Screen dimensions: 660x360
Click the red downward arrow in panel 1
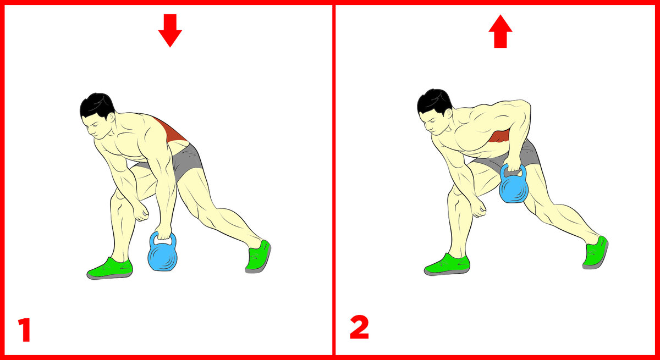[x=170, y=30]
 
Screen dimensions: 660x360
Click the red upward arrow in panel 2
[x=501, y=31]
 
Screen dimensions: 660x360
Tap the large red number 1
[x=25, y=330]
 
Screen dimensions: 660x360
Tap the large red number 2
[x=359, y=328]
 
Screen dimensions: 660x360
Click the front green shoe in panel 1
[x=110, y=269]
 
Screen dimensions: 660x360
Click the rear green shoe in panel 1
[x=258, y=257]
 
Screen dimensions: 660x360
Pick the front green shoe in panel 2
[x=447, y=264]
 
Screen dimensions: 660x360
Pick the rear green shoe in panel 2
[x=596, y=253]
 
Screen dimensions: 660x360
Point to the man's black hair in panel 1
[x=97, y=106]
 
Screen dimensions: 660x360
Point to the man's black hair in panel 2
[x=434, y=102]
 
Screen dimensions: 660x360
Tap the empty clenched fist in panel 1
[x=141, y=212]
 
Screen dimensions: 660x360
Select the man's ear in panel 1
[x=111, y=117]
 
